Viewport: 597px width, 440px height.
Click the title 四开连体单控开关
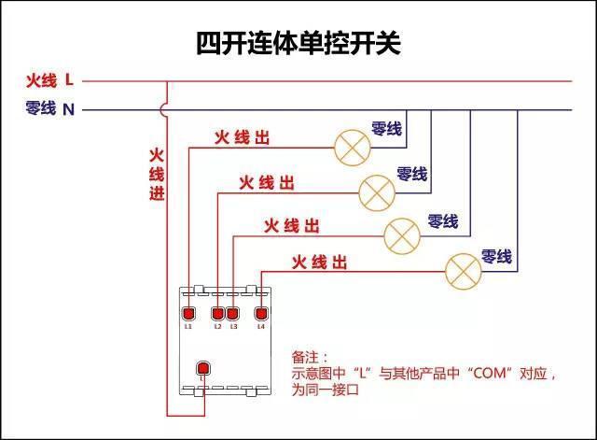click(298, 43)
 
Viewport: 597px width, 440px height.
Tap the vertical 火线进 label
click(157, 174)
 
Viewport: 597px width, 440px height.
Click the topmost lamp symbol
click(353, 148)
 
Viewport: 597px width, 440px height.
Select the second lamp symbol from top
click(377, 192)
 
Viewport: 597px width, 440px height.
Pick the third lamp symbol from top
click(403, 234)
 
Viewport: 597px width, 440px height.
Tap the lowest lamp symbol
click(462, 270)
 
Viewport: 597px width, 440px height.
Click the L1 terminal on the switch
click(187, 314)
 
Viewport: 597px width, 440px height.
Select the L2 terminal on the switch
click(218, 314)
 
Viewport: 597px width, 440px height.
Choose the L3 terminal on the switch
click(233, 314)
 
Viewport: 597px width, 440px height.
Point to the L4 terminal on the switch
click(261, 314)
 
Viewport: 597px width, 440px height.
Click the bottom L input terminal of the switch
click(201, 368)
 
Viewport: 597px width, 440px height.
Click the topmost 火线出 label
click(242, 137)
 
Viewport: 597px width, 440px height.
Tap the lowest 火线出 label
click(319, 263)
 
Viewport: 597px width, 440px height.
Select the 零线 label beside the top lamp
click(386, 128)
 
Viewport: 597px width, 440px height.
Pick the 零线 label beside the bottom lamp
click(496, 255)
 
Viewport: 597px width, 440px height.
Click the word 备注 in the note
click(304, 357)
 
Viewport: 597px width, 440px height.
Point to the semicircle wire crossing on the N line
click(164, 109)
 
